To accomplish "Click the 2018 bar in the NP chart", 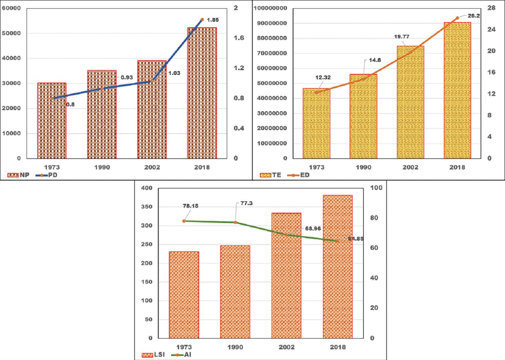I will coord(202,93).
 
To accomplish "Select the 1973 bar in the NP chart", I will coord(52,121).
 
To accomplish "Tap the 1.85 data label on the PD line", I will coord(213,20).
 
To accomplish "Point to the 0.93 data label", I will coord(127,77).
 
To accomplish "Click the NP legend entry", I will coord(19,175).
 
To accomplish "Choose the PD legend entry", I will coord(47,175).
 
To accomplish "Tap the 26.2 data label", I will coord(474,16).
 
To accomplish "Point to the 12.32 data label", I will coord(323,77).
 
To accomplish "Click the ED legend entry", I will coord(299,175).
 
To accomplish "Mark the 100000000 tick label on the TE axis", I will coord(270,8).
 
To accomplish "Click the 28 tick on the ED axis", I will coord(491,8).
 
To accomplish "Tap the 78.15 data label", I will coord(191,206).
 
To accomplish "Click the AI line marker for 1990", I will coord(235,223).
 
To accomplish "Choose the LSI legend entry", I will coord(153,354).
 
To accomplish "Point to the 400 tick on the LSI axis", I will coord(147,188).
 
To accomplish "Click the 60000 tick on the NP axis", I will coord(11,8).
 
